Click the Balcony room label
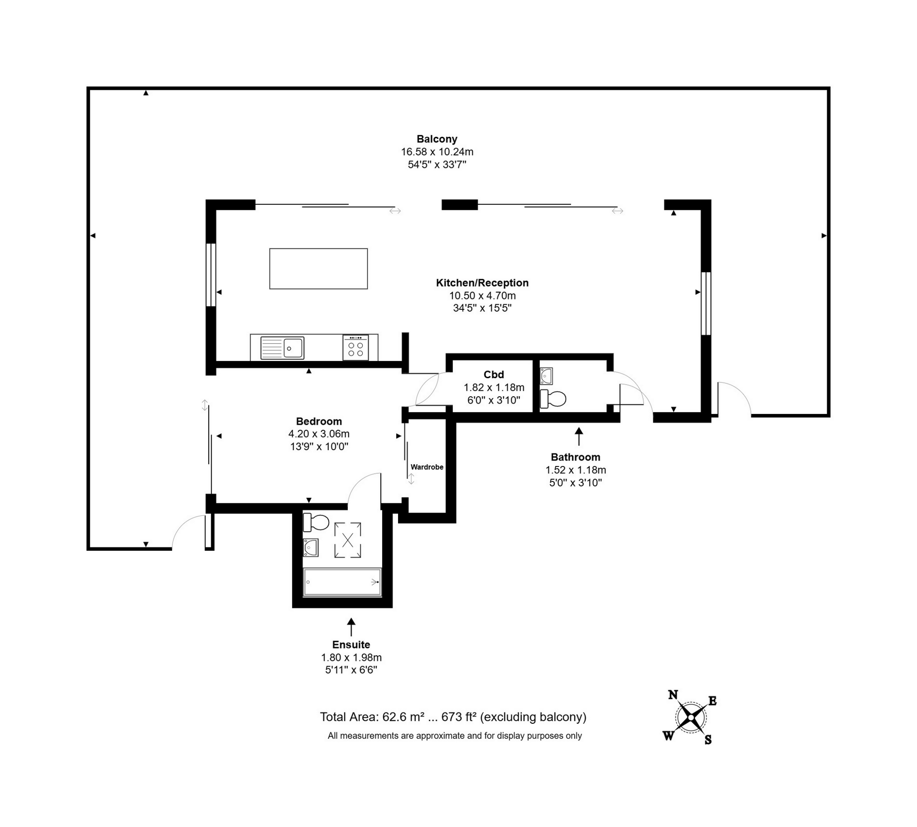click(x=437, y=139)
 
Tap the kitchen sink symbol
click(x=282, y=348)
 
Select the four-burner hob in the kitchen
click(x=355, y=348)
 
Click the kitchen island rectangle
click(x=318, y=269)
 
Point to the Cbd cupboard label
click(x=494, y=375)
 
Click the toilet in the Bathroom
click(x=553, y=399)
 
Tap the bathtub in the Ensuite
click(x=342, y=582)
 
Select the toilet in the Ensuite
click(x=316, y=522)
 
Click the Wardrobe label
click(x=427, y=467)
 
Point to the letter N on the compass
click(x=673, y=694)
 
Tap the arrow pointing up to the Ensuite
click(x=351, y=627)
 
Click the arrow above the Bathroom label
click(x=578, y=436)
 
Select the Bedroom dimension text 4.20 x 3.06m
click(x=318, y=434)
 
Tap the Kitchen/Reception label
click(x=482, y=283)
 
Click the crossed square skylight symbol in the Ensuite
click(x=348, y=540)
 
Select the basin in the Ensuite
click(x=311, y=548)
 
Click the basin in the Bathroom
click(x=546, y=376)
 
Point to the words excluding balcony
click(x=533, y=717)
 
